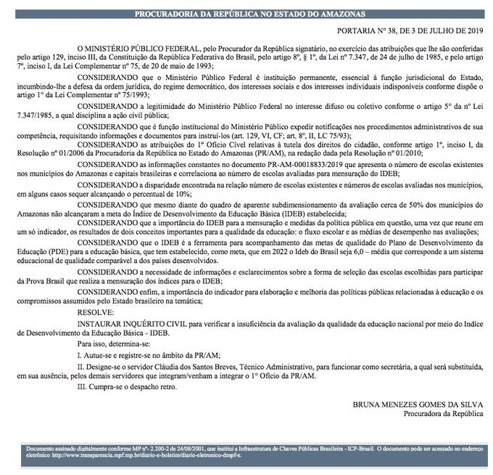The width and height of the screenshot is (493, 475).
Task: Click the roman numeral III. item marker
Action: click(82, 387)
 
